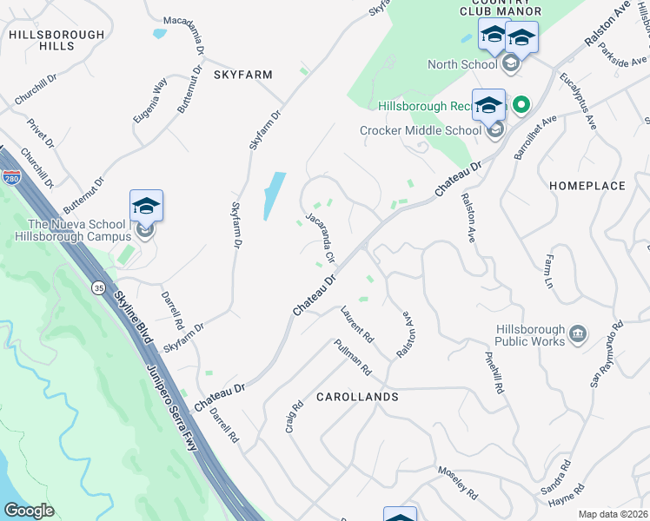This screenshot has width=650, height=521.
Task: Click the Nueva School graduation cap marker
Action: pos(146,207)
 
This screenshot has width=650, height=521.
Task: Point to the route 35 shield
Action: pos(99,287)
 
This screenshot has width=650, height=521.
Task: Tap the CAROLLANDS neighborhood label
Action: pos(358,397)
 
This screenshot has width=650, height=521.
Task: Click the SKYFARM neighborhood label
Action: pos(244,76)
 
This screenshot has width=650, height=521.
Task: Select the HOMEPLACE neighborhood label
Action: pos(587,186)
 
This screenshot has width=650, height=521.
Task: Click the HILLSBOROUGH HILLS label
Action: pos(43,39)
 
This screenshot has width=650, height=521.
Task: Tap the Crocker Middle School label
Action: pos(421,130)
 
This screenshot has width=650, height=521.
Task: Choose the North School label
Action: pos(462,64)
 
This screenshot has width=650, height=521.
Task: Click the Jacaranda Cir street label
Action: pos(320,232)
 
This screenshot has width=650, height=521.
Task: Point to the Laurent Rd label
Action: pos(357,323)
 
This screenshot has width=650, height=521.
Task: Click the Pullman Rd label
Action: pos(353,357)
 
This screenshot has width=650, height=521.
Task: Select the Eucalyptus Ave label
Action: pos(578,101)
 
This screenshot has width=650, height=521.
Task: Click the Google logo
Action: pos(30,511)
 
